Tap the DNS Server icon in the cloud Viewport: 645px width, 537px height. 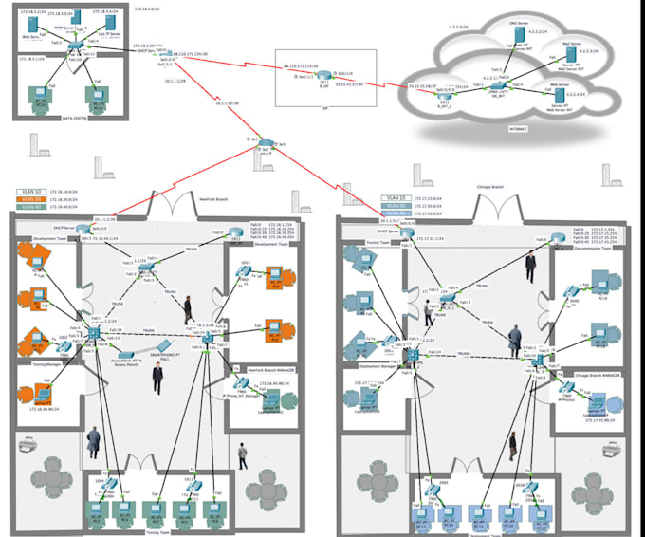coord(518,34)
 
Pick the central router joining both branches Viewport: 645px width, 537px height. coord(269,141)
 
